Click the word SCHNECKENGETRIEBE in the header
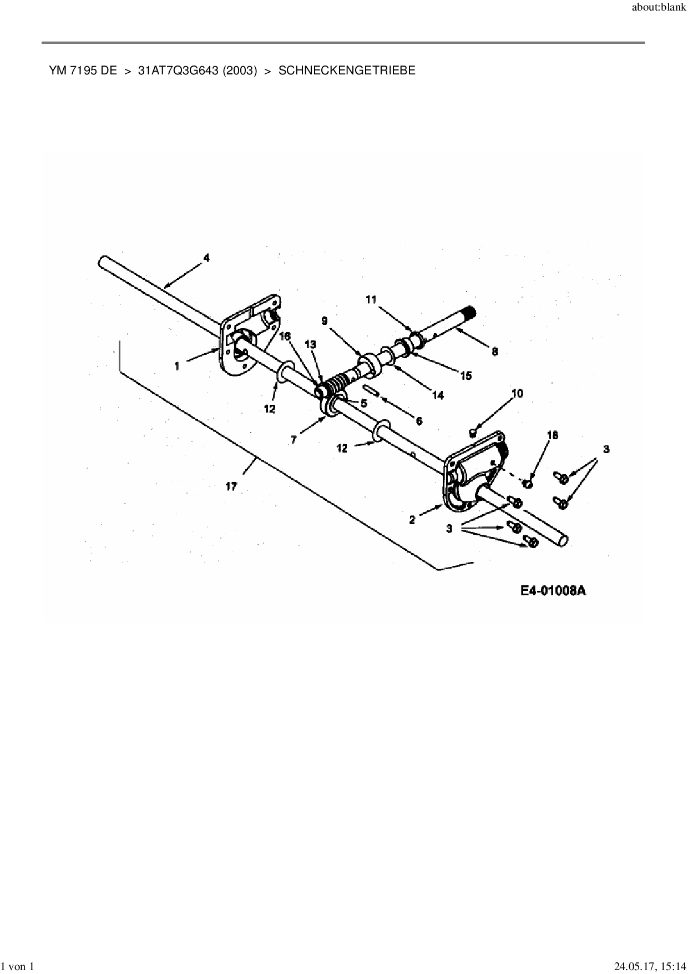[x=346, y=71]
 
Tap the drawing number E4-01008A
[x=553, y=590]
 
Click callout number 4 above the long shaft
[x=206, y=258]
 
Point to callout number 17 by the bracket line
[x=231, y=486]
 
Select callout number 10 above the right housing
[x=517, y=394]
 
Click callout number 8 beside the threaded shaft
[x=494, y=352]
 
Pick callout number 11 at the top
[x=371, y=299]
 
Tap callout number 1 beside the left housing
[x=177, y=366]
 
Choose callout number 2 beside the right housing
[x=412, y=520]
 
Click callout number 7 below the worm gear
[x=294, y=439]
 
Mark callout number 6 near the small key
[x=419, y=421]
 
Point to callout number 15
[x=466, y=376]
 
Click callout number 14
[x=438, y=395]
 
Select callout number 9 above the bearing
[x=325, y=321]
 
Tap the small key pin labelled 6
[x=371, y=390]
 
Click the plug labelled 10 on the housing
[x=473, y=431]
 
